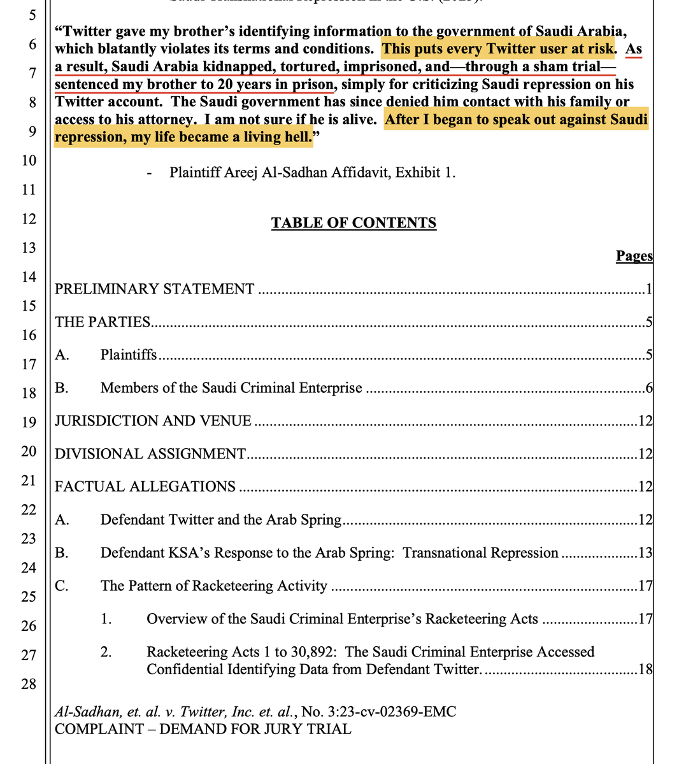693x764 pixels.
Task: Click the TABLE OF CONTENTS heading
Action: [x=354, y=223]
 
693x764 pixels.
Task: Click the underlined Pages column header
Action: [x=634, y=256]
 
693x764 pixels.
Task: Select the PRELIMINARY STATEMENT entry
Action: [x=155, y=289]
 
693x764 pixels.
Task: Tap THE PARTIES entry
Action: [x=103, y=322]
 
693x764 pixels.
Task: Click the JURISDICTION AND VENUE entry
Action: [x=153, y=421]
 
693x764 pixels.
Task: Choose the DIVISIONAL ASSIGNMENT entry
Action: [x=150, y=454]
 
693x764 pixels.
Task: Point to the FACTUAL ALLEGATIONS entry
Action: [x=145, y=486]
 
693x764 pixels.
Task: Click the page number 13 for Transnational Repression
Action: [x=645, y=553]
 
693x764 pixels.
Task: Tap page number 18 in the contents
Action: [x=645, y=669]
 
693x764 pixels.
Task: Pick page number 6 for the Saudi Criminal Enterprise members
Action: [x=648, y=388]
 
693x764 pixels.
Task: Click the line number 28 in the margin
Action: [x=29, y=684]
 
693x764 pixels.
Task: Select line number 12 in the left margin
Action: [x=29, y=218]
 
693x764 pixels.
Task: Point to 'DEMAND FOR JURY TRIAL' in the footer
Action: [x=255, y=729]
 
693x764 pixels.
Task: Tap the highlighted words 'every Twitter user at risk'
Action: [x=539, y=49]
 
